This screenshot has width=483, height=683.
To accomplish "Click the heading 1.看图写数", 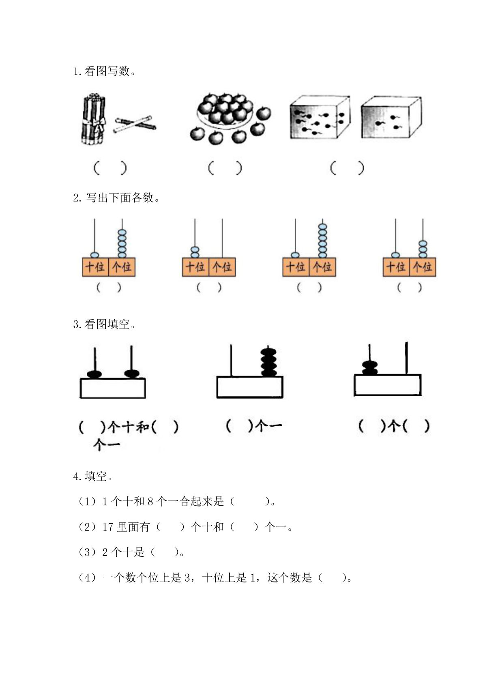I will (105, 71).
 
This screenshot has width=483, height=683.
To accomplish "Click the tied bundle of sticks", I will (92, 119).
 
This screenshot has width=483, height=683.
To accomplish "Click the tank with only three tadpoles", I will (391, 117).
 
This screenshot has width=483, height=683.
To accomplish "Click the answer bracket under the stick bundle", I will (110, 168).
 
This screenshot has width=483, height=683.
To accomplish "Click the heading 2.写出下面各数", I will (116, 198).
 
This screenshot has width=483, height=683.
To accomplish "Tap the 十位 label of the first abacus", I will (95, 267).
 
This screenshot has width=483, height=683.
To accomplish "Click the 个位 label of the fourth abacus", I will (422, 267).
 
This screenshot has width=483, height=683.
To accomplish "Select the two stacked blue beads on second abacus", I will (195, 252).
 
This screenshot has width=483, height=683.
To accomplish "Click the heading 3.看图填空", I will (105, 324).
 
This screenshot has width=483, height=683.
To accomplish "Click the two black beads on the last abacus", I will (369, 368).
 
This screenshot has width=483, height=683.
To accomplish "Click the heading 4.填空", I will (93, 476).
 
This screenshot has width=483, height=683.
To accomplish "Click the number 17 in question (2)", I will (107, 527).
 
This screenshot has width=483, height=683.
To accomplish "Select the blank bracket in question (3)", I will (165, 552).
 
